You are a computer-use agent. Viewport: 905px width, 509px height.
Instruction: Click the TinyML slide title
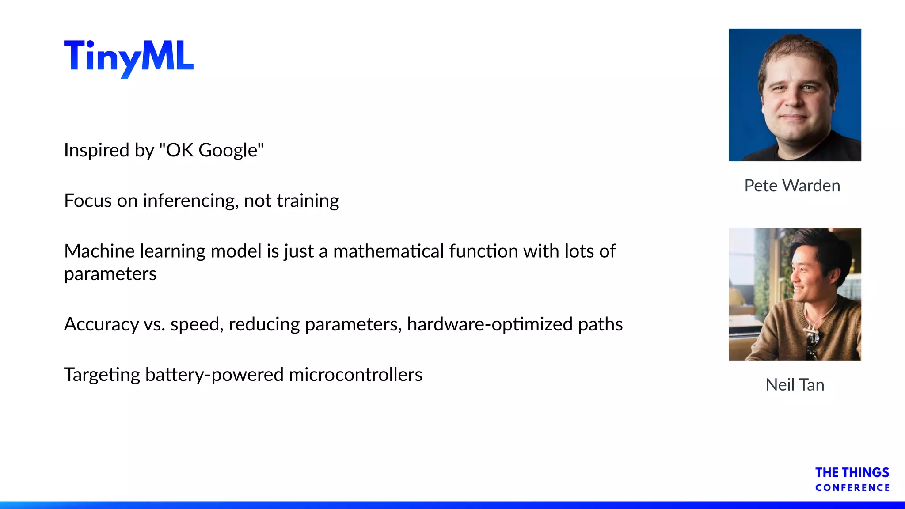129,57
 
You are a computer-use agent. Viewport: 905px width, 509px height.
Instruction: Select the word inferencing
191,201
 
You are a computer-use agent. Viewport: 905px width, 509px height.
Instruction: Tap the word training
308,201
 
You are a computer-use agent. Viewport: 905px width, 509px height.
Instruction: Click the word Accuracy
102,325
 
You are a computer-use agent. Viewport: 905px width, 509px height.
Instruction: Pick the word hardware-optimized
490,325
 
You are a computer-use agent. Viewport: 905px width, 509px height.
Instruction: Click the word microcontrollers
356,375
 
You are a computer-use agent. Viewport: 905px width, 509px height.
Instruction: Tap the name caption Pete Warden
792,186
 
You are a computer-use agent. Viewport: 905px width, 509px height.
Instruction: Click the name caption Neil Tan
795,385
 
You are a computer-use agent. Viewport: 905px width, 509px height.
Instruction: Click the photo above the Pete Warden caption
795,95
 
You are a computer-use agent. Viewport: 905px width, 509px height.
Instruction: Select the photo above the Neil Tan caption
795,294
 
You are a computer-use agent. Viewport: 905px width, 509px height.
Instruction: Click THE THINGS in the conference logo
852,473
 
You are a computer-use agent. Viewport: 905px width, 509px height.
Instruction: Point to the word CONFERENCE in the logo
852,488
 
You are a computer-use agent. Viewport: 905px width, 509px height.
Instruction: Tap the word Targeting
102,375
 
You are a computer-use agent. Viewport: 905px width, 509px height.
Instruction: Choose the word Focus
88,201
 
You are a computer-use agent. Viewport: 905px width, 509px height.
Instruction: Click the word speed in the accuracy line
197,325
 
